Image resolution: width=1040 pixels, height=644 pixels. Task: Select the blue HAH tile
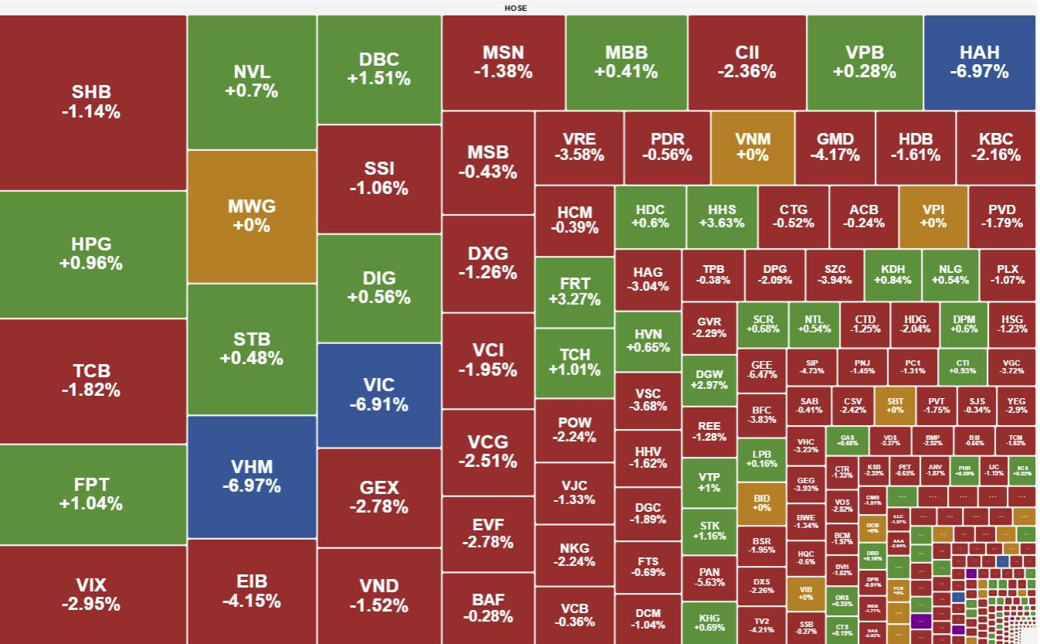(979, 62)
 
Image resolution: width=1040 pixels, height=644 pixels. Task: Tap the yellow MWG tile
(252, 216)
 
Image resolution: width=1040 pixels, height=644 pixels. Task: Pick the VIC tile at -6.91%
(379, 394)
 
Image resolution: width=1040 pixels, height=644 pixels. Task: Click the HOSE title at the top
(515, 8)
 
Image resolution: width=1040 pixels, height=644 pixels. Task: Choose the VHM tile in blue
(252, 476)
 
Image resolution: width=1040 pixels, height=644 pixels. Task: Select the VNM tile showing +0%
(752, 147)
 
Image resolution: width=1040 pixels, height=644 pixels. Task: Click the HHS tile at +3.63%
(722, 216)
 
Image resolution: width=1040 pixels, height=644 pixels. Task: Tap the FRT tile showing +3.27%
(574, 291)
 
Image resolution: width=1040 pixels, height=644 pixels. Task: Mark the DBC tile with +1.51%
(379, 69)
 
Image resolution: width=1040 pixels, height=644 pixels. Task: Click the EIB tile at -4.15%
(252, 591)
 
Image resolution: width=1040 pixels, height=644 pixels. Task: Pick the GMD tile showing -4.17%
(834, 147)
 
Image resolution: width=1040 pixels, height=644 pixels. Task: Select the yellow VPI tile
(933, 216)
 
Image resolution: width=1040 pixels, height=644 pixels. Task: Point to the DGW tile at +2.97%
(709, 379)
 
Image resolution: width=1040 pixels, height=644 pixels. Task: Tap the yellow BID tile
(761, 503)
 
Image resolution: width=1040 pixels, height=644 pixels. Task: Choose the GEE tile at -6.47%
(761, 370)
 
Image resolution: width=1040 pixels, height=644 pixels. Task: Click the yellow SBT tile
(895, 405)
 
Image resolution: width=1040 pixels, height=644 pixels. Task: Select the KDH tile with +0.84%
(892, 274)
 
